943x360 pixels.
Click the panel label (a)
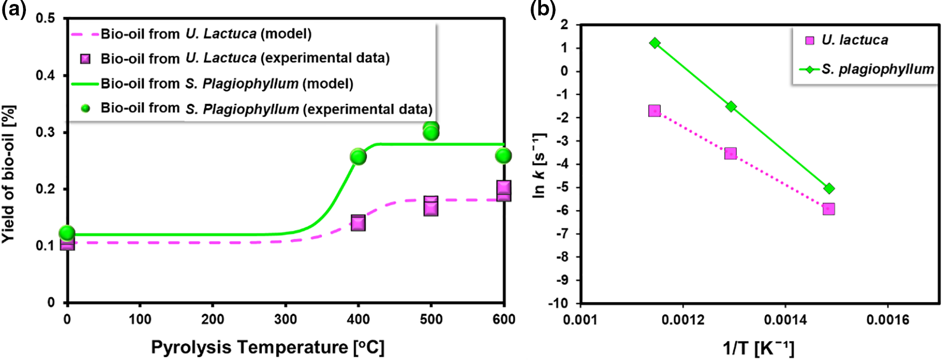click(13, 9)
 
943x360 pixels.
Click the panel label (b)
click(543, 9)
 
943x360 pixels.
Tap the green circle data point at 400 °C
click(358, 157)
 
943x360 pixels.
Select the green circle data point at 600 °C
click(504, 156)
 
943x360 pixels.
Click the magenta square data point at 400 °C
click(358, 223)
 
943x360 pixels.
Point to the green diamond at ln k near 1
click(655, 43)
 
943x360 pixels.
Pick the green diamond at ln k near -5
click(829, 188)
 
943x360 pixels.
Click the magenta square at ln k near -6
click(828, 209)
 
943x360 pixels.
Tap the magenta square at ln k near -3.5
click(731, 154)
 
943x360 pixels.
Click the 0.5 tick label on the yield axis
click(45, 19)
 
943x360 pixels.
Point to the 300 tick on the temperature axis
click(285, 320)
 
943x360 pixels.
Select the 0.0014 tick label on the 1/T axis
click(785, 320)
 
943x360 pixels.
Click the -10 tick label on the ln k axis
click(558, 303)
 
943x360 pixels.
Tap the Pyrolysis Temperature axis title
click(268, 347)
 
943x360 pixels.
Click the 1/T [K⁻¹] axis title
click(758, 348)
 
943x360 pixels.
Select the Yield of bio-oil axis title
click(9, 174)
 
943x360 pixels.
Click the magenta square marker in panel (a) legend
click(85, 59)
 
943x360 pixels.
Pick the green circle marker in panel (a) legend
click(85, 108)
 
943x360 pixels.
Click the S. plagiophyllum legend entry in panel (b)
click(877, 69)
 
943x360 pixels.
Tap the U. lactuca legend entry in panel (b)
click(854, 40)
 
